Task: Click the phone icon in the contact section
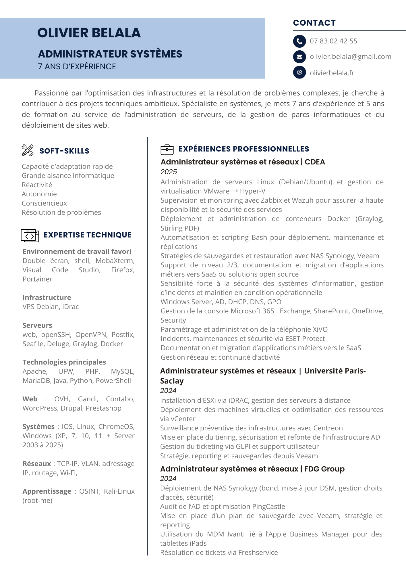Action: pyautogui.click(x=299, y=41)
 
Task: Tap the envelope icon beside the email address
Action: pyautogui.click(x=299, y=57)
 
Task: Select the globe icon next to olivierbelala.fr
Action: pyautogui.click(x=299, y=72)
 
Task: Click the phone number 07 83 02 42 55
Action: pyautogui.click(x=333, y=41)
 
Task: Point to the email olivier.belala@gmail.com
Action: pyautogui.click(x=350, y=57)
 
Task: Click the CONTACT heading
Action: pyautogui.click(x=314, y=23)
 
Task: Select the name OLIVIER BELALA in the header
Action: pyautogui.click(x=89, y=33)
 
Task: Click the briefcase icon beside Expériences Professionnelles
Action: pyautogui.click(x=167, y=149)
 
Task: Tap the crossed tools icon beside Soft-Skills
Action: pyautogui.click(x=28, y=150)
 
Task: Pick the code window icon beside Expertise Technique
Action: pyautogui.click(x=30, y=235)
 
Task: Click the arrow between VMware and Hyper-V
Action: pyautogui.click(x=235, y=191)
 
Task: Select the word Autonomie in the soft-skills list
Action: pyautogui.click(x=39, y=194)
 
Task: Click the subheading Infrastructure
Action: pyautogui.click(x=47, y=298)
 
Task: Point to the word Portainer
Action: pyautogui.click(x=37, y=279)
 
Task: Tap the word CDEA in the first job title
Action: pyautogui.click(x=315, y=162)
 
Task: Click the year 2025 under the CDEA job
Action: pyautogui.click(x=169, y=172)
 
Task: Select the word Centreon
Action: pyautogui.click(x=328, y=428)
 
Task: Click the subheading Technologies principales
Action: pyautogui.click(x=64, y=362)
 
